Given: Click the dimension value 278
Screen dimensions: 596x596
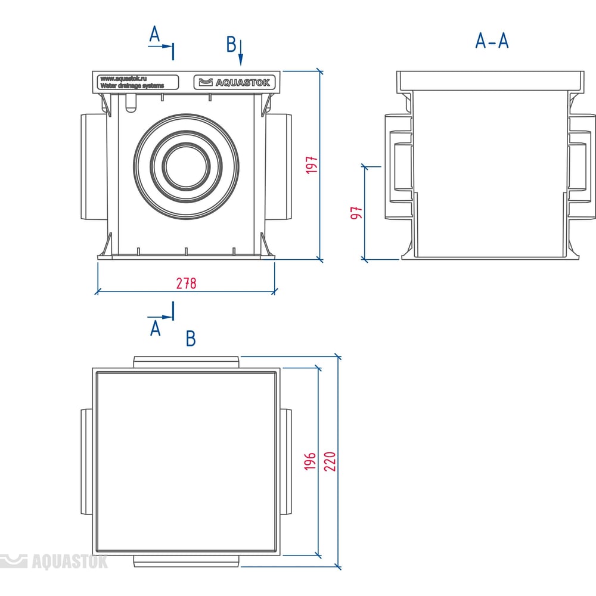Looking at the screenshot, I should pyautogui.click(x=186, y=283).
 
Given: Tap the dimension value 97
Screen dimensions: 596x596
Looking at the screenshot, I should pyautogui.click(x=356, y=213).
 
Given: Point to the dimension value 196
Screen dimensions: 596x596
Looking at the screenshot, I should pyautogui.click(x=310, y=462).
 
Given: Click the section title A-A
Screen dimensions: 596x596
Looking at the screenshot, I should pyautogui.click(x=492, y=41).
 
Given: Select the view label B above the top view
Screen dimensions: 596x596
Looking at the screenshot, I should pyautogui.click(x=191, y=339).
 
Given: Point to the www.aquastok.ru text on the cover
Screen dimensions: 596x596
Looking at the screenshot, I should pyautogui.click(x=124, y=78).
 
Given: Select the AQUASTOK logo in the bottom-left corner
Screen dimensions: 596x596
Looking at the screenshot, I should pyautogui.click(x=54, y=561).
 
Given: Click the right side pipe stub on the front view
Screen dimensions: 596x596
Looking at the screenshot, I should pyautogui.click(x=280, y=166).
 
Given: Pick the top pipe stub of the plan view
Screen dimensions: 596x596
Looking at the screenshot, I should pyautogui.click(x=186, y=362).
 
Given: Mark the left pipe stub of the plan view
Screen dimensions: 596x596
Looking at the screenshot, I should pyautogui.click(x=86, y=462).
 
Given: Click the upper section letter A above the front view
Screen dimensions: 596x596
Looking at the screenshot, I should pyautogui.click(x=155, y=35).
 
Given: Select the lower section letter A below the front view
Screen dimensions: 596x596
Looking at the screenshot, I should pyautogui.click(x=156, y=328).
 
